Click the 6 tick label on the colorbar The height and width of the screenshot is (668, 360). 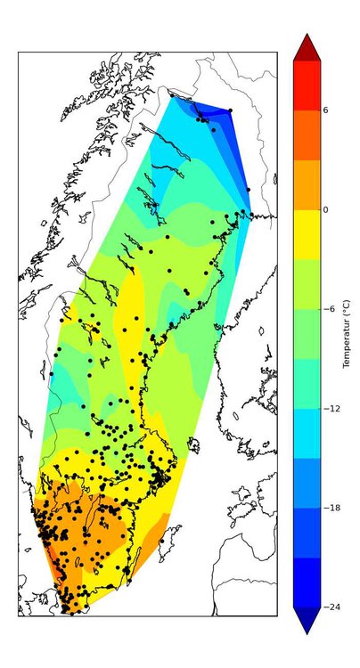tap(325, 110)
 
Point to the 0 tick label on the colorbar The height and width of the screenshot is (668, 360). tap(325, 209)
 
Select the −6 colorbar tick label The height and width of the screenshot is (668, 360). tap(327, 309)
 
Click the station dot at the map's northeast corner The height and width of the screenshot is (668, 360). tap(230, 110)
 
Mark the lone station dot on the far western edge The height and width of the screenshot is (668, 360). tap(51, 373)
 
